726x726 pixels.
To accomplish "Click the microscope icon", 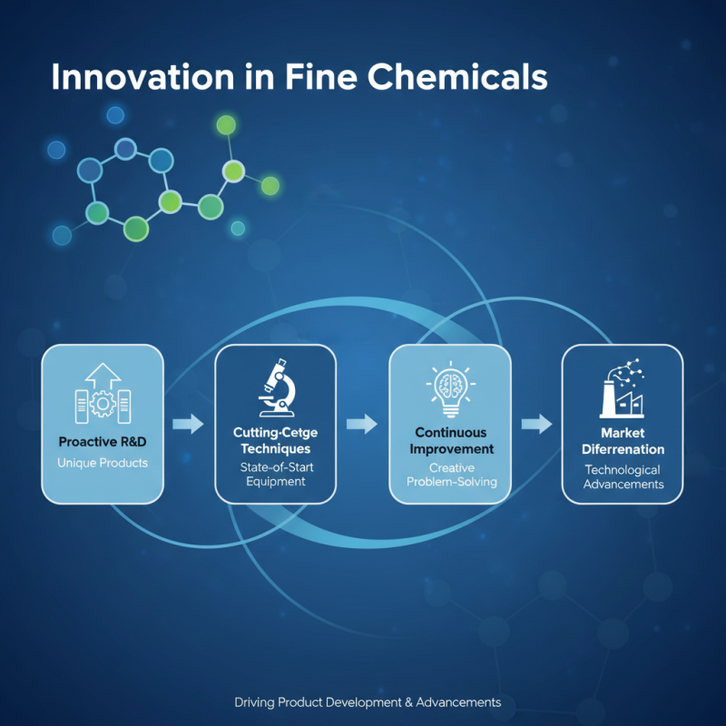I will click(x=275, y=386).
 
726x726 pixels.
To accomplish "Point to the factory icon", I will click(x=622, y=390).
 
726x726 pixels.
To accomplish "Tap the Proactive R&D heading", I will click(x=102, y=442).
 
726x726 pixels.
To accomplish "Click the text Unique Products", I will click(x=102, y=463).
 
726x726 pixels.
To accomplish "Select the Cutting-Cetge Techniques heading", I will click(x=275, y=441).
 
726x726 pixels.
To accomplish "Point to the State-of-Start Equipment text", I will click(x=275, y=474).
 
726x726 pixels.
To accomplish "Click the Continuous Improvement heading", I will click(x=450, y=440).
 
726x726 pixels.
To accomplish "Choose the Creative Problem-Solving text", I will click(x=450, y=474).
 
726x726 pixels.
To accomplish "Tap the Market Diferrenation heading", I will click(x=622, y=441).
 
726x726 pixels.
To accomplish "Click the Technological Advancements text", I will click(x=622, y=476).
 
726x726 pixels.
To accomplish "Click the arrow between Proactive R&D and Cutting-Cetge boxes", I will click(x=189, y=423).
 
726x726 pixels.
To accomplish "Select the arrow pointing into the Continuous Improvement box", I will click(x=362, y=423).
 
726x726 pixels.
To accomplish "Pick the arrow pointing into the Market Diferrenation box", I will click(x=536, y=423).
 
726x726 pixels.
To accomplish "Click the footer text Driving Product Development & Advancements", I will click(x=367, y=702).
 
